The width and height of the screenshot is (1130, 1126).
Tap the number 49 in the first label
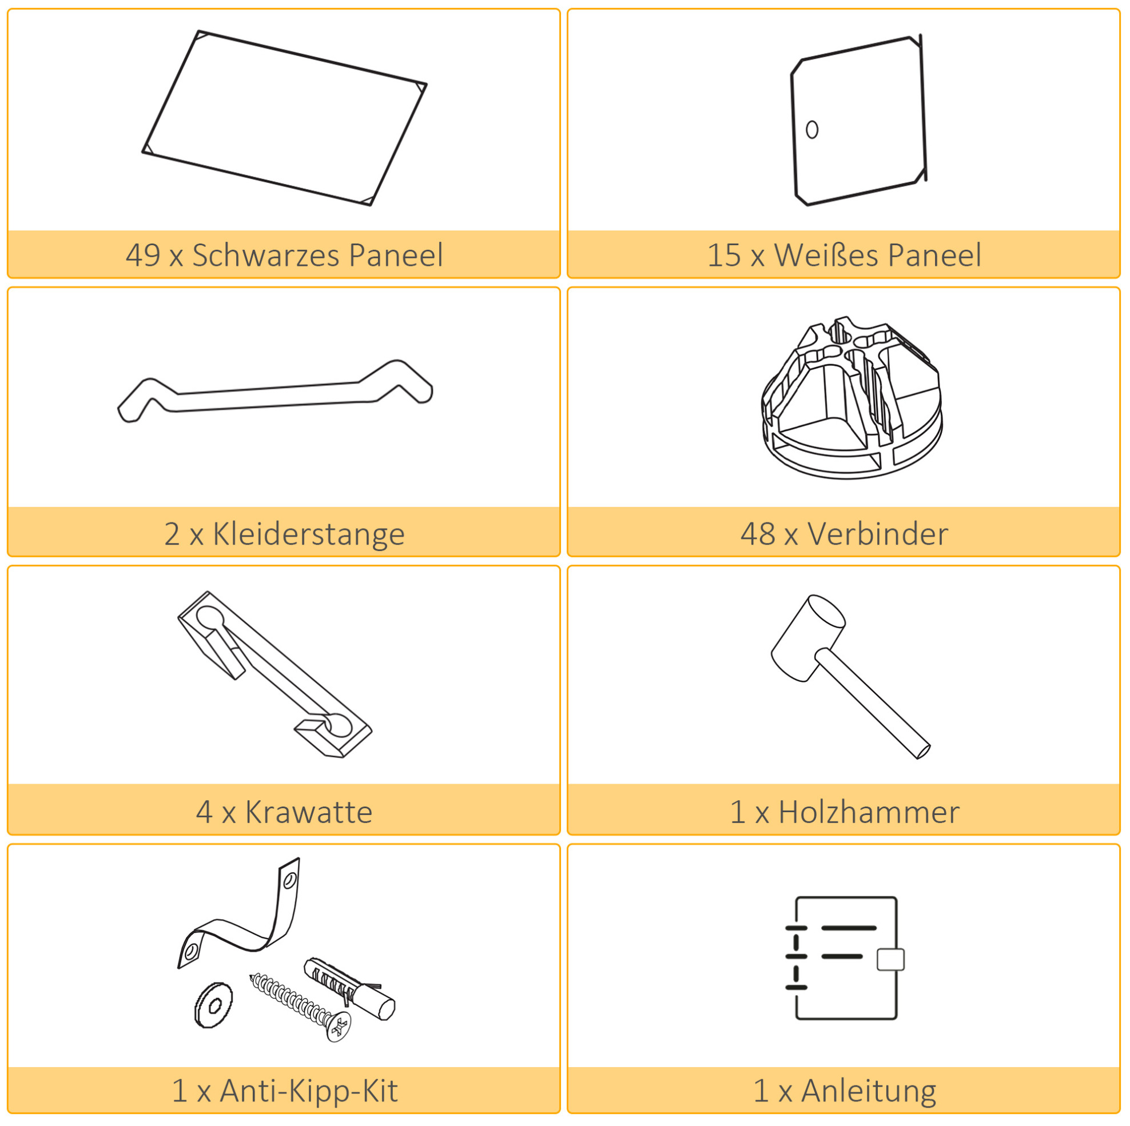pyautogui.click(x=143, y=255)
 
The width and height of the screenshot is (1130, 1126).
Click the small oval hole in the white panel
pyautogui.click(x=812, y=129)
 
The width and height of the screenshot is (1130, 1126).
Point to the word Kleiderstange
pyautogui.click(x=309, y=534)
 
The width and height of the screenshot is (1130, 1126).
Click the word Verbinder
pyautogui.click(x=877, y=534)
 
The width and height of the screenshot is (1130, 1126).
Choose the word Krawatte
pyautogui.click(x=309, y=812)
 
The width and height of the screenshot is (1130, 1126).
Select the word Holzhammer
pyautogui.click(x=869, y=812)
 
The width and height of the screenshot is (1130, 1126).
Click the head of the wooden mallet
pyautogui.click(x=807, y=638)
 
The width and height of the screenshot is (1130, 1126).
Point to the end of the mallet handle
pyautogui.click(x=923, y=752)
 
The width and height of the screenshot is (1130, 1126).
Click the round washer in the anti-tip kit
pyautogui.click(x=213, y=1004)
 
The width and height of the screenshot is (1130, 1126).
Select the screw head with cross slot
pyautogui.click(x=339, y=1027)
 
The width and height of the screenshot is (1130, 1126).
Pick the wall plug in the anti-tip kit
pyautogui.click(x=349, y=988)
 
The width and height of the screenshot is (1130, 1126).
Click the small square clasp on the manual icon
pyautogui.click(x=891, y=959)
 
